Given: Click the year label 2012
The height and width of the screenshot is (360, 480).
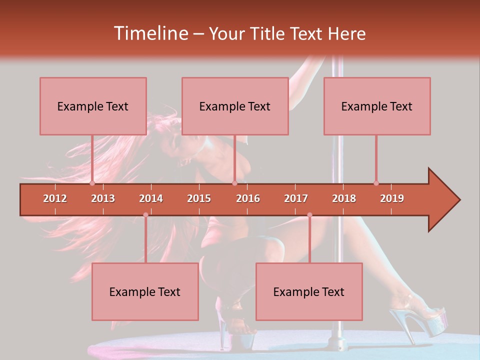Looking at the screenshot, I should click(x=55, y=198).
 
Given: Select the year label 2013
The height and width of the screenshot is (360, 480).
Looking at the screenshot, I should click(x=103, y=198).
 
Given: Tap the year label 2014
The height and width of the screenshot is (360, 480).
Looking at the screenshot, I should click(x=151, y=198).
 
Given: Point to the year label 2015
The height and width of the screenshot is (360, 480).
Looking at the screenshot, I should click(x=199, y=198).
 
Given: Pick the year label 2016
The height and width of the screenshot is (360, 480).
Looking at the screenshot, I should click(x=248, y=198).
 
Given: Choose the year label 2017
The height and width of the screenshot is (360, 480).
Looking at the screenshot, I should click(x=296, y=198).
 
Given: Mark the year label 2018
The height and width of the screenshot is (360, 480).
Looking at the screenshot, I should click(x=344, y=198).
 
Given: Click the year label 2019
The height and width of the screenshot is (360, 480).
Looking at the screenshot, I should click(x=392, y=198).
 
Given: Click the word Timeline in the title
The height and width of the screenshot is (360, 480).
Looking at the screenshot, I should click(x=150, y=33).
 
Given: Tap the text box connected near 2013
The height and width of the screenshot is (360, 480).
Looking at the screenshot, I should click(x=93, y=106).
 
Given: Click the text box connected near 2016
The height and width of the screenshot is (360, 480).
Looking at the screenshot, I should click(x=235, y=106).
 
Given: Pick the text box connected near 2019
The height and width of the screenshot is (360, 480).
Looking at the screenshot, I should click(x=377, y=106).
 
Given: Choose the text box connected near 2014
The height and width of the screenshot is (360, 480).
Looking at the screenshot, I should click(x=145, y=291).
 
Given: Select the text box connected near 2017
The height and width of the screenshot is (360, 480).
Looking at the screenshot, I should click(x=309, y=291).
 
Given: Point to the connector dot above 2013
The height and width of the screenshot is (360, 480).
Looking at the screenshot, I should click(x=92, y=183).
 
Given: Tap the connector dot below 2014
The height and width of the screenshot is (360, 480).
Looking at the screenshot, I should click(x=145, y=215).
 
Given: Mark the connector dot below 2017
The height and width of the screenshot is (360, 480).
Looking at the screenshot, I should click(x=309, y=215).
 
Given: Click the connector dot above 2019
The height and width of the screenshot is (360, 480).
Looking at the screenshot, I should click(x=376, y=183).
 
